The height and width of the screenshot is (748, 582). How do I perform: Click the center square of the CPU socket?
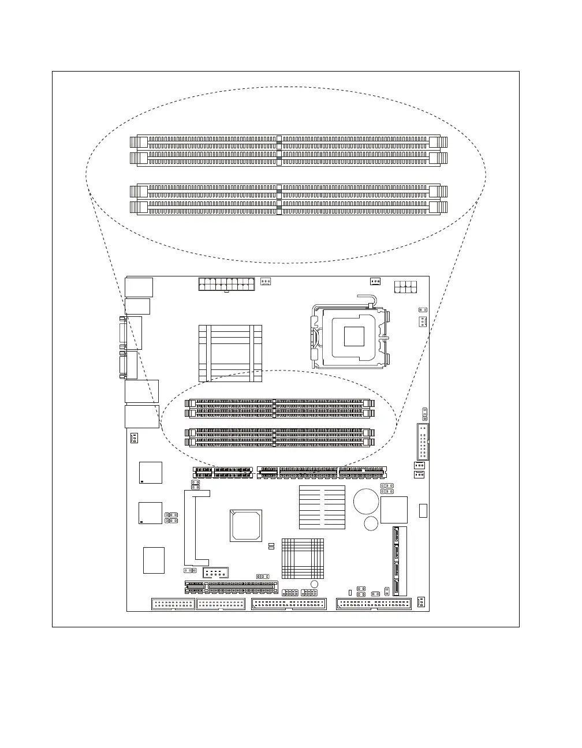354,336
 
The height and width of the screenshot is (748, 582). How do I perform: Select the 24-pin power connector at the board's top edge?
226,284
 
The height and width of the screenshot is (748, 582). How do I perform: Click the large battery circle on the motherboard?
366,500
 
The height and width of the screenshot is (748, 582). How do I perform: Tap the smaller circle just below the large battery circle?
371,523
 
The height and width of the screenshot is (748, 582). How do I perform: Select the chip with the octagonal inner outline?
246,525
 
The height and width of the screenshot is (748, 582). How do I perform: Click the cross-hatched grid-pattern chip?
303,558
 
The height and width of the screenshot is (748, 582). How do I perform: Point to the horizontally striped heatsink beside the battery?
322,507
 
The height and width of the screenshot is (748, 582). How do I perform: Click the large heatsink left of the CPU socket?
230,353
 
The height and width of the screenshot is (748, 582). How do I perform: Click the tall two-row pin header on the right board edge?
422,442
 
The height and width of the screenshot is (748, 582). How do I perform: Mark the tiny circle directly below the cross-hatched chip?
314,584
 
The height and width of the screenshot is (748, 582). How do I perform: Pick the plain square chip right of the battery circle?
394,510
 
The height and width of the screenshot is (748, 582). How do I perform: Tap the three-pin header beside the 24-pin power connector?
266,282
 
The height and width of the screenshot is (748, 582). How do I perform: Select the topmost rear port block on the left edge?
139,287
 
